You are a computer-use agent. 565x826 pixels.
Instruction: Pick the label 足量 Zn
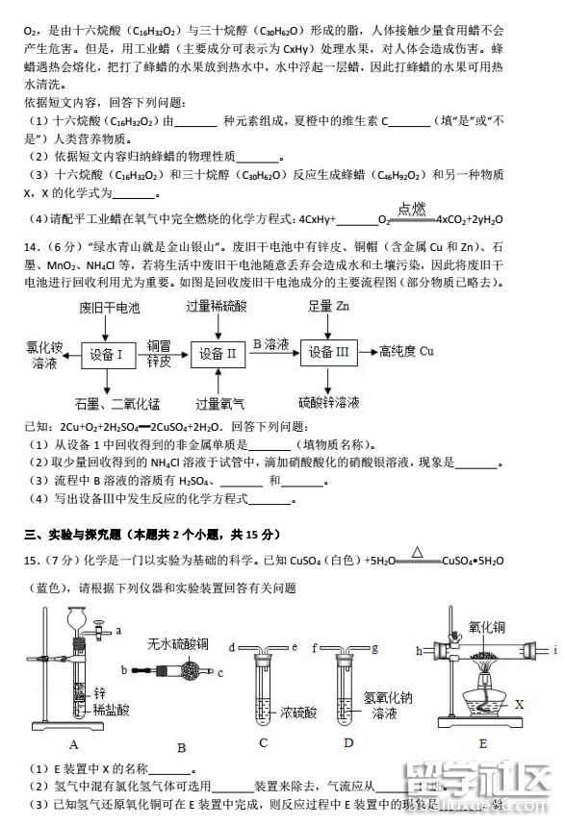(330, 306)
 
